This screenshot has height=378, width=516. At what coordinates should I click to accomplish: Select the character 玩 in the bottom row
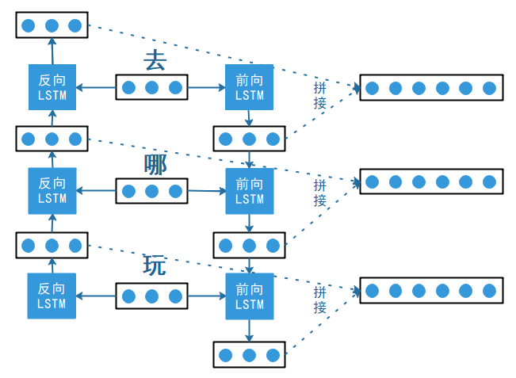(x=155, y=265)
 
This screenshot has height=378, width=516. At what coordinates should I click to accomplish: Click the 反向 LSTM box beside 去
(x=52, y=87)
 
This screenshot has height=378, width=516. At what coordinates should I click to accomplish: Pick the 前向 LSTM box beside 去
(x=250, y=87)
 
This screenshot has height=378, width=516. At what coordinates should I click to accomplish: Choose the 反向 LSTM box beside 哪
(x=52, y=190)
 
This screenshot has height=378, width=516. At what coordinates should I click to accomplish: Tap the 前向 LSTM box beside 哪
(x=250, y=191)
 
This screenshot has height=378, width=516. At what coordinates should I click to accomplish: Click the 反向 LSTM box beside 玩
(x=52, y=296)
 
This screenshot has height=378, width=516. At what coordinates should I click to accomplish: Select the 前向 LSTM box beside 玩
(x=250, y=296)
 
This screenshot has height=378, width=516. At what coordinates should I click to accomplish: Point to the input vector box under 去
(x=152, y=87)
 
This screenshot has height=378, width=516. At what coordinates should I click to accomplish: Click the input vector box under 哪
(x=152, y=190)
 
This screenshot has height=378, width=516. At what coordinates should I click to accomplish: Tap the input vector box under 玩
(x=152, y=297)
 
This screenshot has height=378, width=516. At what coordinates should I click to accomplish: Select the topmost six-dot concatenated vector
(x=430, y=88)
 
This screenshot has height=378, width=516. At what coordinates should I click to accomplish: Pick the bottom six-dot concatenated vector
(x=430, y=291)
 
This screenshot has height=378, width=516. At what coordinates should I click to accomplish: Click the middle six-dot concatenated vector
(x=430, y=181)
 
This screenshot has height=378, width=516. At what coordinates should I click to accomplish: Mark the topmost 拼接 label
(x=320, y=95)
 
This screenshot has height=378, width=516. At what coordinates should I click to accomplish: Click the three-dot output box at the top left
(x=52, y=25)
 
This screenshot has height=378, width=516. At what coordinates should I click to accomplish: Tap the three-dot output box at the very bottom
(x=249, y=354)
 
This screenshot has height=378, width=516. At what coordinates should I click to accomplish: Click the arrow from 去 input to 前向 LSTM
(x=207, y=87)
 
